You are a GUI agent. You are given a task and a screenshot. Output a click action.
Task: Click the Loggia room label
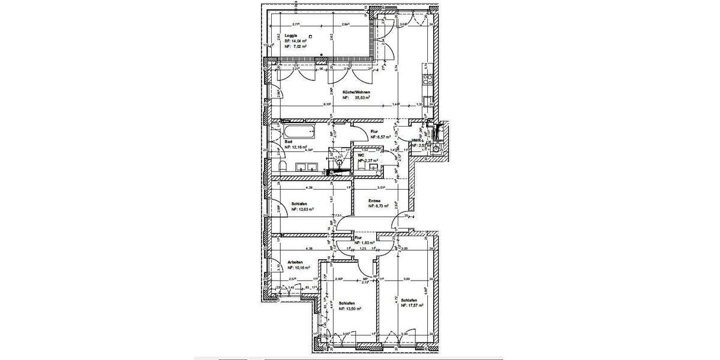point(290,35)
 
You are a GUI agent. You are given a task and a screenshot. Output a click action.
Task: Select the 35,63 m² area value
point(361,97)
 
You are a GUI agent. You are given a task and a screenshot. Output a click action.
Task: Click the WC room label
point(361,155)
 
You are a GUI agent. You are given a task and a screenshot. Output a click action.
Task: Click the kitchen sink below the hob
point(428,99)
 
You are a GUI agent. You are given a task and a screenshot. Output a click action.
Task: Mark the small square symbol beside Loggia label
point(310,36)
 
